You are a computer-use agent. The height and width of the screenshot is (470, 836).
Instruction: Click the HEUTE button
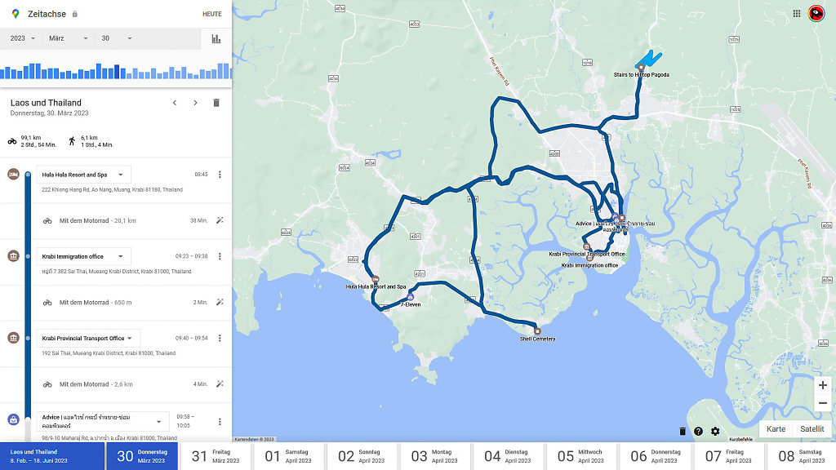click(x=211, y=14)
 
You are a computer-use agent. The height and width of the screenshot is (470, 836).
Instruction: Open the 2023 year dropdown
click(x=22, y=38)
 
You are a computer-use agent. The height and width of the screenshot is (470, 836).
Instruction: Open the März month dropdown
click(x=68, y=38)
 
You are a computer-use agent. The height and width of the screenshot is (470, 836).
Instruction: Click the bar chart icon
click(x=216, y=38)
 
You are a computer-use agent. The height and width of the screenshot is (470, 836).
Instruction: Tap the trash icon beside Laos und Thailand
click(x=216, y=103)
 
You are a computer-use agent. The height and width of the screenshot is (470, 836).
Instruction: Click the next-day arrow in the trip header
click(x=195, y=103)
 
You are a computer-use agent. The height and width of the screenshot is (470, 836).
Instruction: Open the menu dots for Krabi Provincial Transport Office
click(x=220, y=338)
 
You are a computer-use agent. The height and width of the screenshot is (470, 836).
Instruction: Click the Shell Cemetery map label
click(x=537, y=339)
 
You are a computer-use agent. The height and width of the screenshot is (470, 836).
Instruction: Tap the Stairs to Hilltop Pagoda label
click(x=642, y=75)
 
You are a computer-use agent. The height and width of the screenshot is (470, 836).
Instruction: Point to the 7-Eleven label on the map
click(x=410, y=304)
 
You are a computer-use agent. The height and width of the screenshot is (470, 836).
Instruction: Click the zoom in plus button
click(x=822, y=385)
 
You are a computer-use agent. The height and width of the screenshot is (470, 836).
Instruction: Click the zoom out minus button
click(x=822, y=403)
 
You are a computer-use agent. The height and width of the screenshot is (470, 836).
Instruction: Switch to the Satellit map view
click(x=812, y=428)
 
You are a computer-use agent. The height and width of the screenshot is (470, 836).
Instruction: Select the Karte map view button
click(x=776, y=428)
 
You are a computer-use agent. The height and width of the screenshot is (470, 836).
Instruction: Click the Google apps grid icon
click(x=797, y=13)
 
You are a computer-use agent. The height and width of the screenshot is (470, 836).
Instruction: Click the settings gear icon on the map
click(x=715, y=431)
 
